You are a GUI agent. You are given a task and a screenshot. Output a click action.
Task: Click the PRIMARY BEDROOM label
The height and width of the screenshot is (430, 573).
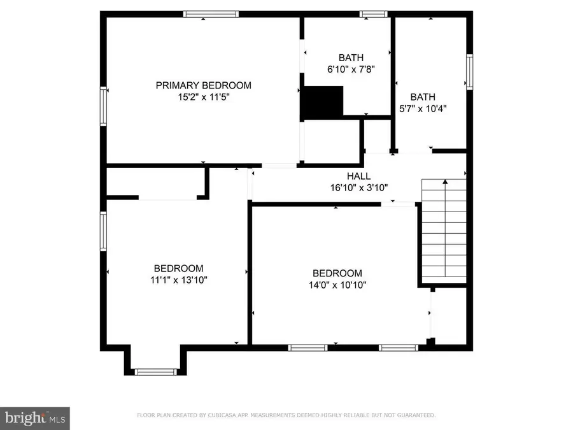click(204, 85)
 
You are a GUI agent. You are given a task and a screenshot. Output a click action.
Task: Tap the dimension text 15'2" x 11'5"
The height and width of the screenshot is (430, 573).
click(204, 97)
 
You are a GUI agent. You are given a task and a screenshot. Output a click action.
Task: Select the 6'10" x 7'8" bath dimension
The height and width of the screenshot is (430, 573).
click(346, 69)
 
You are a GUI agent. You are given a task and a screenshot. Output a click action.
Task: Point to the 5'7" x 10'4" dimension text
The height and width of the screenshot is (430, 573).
click(423, 108)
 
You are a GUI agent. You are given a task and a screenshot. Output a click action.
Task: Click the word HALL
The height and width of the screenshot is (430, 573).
click(358, 176)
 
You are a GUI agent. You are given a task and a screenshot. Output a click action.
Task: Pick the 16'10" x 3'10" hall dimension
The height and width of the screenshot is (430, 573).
click(358, 187)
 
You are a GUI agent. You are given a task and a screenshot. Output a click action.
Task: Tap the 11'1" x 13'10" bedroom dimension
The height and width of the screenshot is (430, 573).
click(178, 280)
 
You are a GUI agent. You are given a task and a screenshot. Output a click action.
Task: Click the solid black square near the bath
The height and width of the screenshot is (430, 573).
click(322, 102)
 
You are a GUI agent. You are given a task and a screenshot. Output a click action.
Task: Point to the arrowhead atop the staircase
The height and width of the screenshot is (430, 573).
click(444, 183)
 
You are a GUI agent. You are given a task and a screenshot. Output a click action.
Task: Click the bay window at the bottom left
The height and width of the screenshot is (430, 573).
click(155, 370)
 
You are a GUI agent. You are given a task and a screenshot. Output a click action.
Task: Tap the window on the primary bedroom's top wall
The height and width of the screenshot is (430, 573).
click(211, 14)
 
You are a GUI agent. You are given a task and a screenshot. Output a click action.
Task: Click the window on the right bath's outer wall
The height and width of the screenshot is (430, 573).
click(470, 71)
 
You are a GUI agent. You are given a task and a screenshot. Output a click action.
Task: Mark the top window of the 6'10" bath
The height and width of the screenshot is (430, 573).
click(374, 14)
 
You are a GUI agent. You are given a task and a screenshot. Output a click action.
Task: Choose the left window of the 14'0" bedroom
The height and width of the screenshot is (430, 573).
click(308, 348)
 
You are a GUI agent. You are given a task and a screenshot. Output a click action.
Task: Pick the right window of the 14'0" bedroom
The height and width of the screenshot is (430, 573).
click(399, 348)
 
